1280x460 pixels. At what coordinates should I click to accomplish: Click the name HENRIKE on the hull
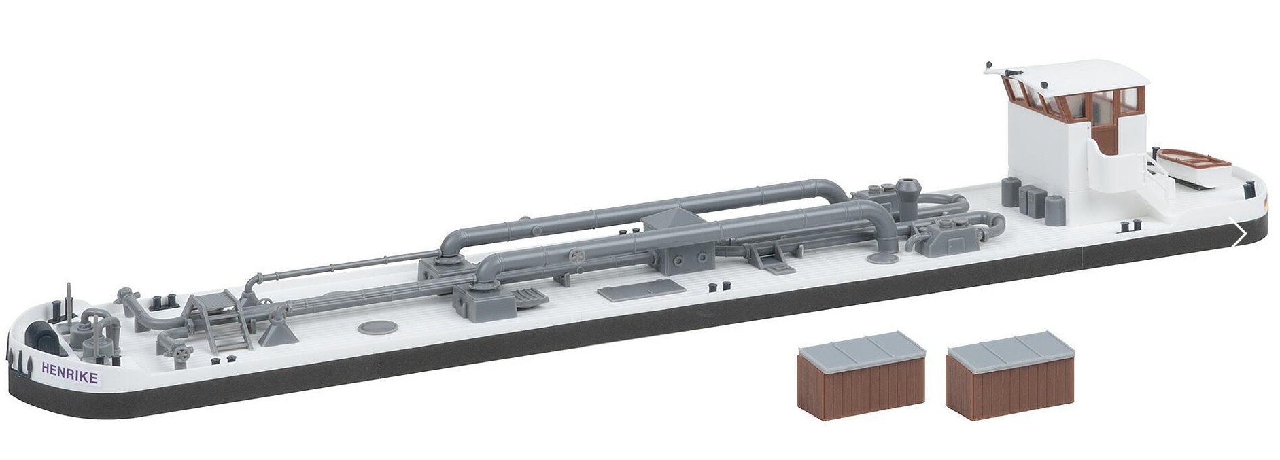coord(69,372)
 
